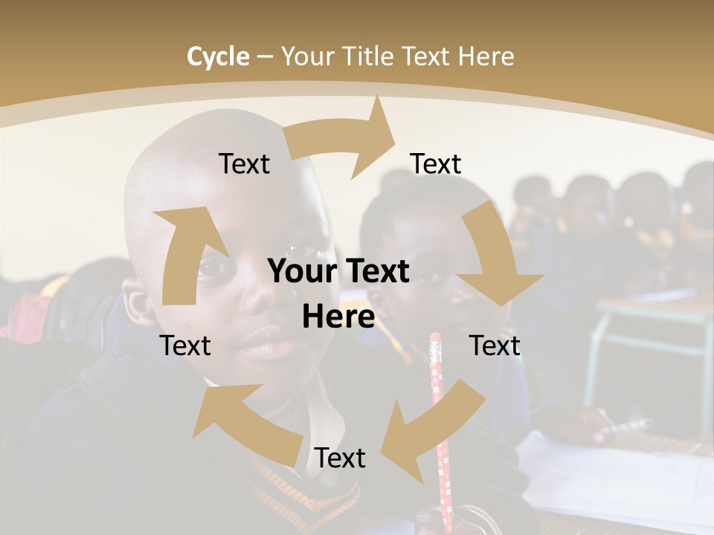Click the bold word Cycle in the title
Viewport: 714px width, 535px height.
(x=218, y=56)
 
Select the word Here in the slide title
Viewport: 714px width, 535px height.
(x=487, y=56)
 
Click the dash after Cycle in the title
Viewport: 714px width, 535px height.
(x=265, y=57)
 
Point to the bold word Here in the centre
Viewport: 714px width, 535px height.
(x=338, y=317)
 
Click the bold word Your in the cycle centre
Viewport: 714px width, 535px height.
(x=302, y=272)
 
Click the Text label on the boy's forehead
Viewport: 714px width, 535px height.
(x=244, y=163)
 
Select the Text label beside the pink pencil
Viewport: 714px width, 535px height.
(x=495, y=346)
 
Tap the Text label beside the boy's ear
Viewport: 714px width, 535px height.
(x=185, y=346)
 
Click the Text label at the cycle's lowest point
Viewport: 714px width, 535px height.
(x=340, y=458)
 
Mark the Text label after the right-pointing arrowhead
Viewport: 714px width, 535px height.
(x=436, y=163)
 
